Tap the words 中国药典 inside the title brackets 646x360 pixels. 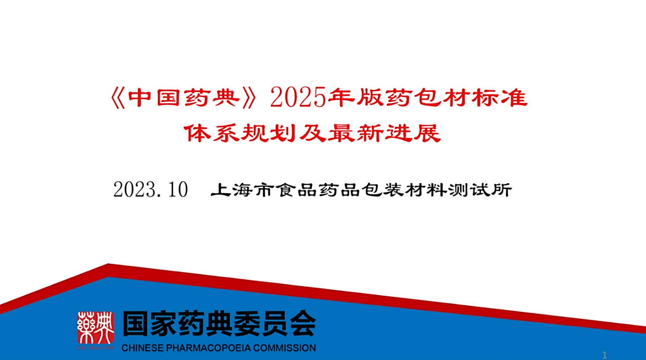[x=184, y=98]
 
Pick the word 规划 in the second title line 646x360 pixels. [x=269, y=133]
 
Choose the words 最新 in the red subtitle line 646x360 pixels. [x=355, y=133]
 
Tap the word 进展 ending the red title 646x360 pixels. [x=413, y=133]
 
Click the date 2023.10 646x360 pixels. [x=151, y=190]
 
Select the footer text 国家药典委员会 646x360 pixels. [x=219, y=324]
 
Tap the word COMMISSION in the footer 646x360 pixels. [x=284, y=348]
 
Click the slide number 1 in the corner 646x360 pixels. [x=604, y=355]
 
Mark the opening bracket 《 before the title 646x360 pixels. [x=118, y=98]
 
